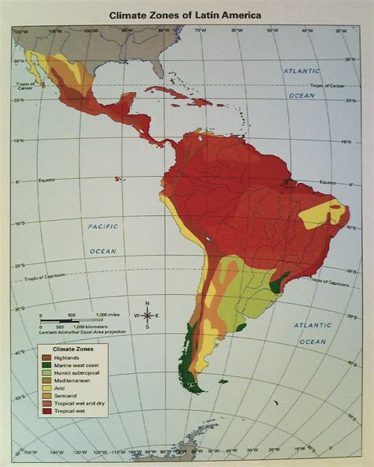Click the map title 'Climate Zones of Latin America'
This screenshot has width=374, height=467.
coord(186,14)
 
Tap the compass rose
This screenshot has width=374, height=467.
coord(147,315)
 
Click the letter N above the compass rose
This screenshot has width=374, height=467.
coord(147,302)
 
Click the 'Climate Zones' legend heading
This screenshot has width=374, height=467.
coord(73,348)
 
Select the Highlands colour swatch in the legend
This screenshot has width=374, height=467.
coord(47,357)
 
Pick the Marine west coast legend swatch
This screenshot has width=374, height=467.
coord(47,365)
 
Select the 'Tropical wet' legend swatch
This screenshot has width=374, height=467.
coord(47,411)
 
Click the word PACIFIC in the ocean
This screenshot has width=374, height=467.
coord(103,226)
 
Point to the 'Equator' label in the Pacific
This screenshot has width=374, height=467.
coord(49,180)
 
